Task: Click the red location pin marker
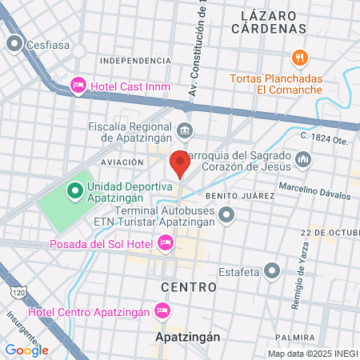point(180,165)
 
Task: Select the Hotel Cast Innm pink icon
point(78,83)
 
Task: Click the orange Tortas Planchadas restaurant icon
point(300,58)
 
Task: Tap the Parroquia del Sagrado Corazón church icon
point(302,162)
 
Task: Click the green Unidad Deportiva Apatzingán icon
point(75,190)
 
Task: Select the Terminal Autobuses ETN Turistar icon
point(226,214)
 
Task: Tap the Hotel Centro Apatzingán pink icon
point(162,310)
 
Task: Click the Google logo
point(27,350)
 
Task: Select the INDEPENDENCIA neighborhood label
point(135,60)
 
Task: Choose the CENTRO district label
point(189,286)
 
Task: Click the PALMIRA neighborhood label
point(294,338)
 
